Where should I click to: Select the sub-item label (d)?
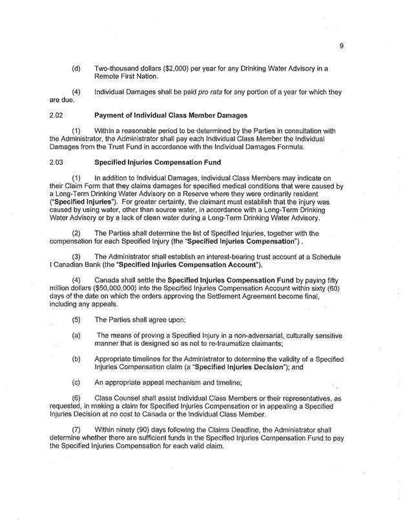(x=76, y=68)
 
